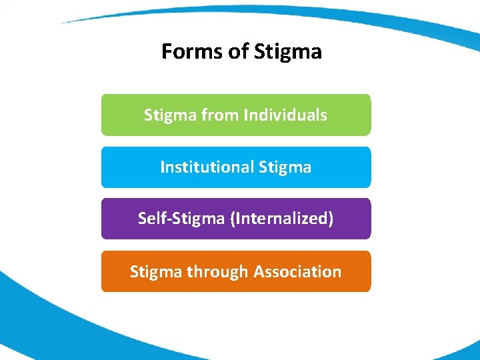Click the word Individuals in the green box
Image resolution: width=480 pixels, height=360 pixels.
(285, 115)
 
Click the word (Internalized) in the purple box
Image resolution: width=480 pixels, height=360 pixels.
(281, 218)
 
